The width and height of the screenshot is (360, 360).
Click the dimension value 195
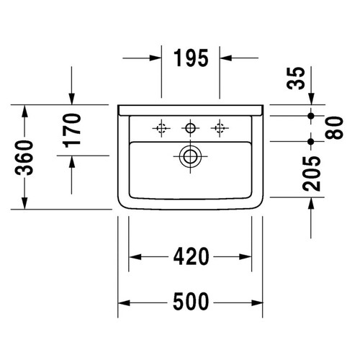point(190,58)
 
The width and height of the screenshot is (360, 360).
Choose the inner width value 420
point(190,256)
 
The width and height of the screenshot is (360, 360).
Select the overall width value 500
point(190,300)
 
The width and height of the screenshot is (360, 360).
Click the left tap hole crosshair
point(161,129)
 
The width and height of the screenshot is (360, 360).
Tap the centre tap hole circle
point(190,129)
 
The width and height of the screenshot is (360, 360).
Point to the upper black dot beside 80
point(310,115)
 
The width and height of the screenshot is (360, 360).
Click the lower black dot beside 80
point(310,140)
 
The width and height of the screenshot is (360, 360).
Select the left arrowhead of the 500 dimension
point(123,300)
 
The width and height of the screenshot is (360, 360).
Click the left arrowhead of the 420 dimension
point(134,256)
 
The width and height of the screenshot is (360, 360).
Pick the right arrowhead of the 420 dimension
point(247,256)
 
